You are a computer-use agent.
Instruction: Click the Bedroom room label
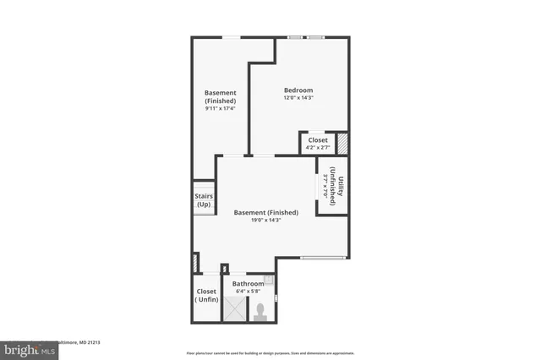tap(298, 90)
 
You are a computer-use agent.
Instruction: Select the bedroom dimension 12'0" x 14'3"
tap(298, 98)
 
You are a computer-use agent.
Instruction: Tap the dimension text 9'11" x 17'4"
tap(220, 108)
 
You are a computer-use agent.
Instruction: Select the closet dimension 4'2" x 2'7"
tap(317, 148)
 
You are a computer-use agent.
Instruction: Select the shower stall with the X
tap(232, 310)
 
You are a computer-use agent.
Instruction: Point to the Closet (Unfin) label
tap(206, 296)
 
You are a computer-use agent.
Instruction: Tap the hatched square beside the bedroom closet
tap(342, 143)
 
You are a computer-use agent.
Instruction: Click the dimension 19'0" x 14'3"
tap(265, 220)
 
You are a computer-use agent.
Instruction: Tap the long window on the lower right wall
tap(324, 257)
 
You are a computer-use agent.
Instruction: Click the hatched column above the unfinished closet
tap(196, 263)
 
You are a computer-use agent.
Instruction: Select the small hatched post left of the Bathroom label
tap(224, 270)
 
